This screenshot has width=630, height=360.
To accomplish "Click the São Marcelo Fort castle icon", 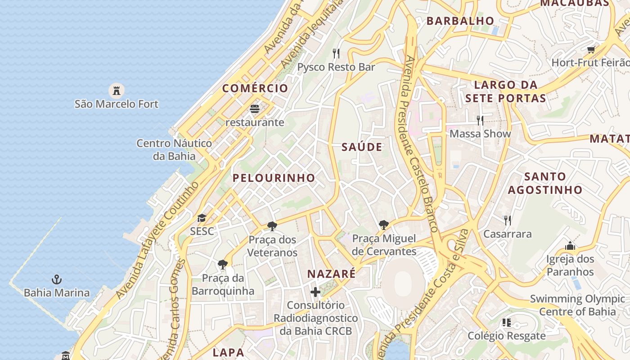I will tap(117, 90).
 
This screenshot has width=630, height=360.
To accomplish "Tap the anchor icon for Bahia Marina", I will tap(57, 279).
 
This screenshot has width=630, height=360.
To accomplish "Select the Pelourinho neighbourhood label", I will tap(274, 178).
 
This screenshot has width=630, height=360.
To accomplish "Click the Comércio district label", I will tap(255, 88).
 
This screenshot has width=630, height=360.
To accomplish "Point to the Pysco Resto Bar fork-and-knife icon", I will tap(336, 54).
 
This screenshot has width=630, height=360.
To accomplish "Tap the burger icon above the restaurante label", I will tap(255, 108).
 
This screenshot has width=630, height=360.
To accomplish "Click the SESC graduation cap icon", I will tap(202, 218).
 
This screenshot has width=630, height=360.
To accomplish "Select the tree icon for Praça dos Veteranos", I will tap(272, 226).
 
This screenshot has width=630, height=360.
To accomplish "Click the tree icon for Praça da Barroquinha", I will tap(222, 264).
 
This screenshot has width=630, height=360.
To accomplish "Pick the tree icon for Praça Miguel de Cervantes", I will tap(383, 225).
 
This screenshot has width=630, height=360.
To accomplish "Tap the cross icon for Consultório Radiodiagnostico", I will tap(315, 292).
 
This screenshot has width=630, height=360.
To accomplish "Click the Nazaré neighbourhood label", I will tap(331, 274).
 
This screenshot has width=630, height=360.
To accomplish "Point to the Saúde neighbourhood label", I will tap(362, 147).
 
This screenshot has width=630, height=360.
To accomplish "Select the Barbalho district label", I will tap(460, 21).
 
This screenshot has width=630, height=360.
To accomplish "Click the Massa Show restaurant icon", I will tap(480, 120).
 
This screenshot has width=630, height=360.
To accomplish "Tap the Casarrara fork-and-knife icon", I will tap(508, 220).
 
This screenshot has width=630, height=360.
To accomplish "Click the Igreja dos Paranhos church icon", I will tap(570, 246).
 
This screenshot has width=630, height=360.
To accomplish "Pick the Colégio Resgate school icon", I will tap(507, 322).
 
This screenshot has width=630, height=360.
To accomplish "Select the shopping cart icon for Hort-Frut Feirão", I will tap(591, 49).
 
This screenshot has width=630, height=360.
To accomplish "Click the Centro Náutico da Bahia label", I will tap(174, 150).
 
